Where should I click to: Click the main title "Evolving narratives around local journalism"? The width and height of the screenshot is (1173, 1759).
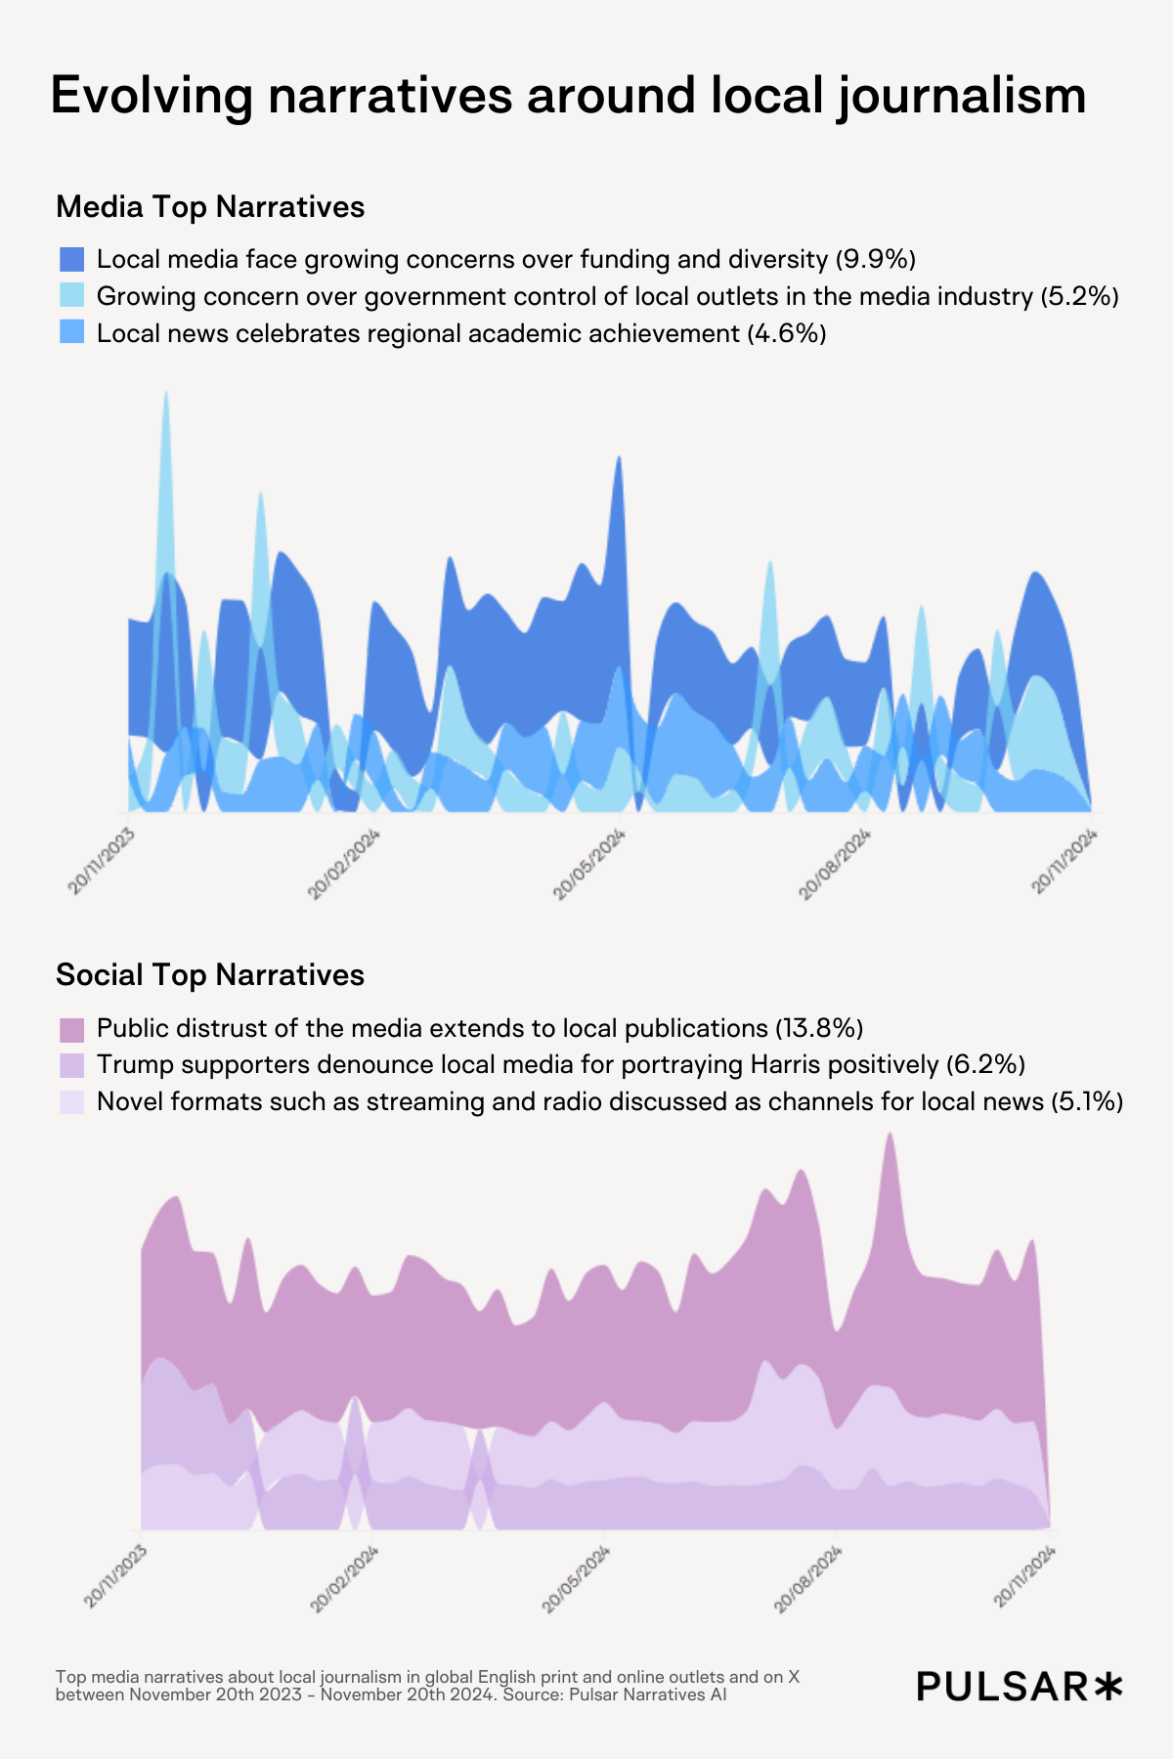coord(568,97)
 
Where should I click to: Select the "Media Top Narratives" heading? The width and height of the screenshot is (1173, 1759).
coord(210,207)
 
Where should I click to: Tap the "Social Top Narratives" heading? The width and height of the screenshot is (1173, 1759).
coord(210,975)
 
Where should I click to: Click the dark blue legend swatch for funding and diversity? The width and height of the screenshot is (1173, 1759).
coord(72,259)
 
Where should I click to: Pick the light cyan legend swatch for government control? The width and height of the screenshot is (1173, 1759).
coord(72,296)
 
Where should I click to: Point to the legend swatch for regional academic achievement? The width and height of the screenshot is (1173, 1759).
coord(72,333)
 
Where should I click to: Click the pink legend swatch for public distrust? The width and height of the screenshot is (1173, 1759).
coord(72,1029)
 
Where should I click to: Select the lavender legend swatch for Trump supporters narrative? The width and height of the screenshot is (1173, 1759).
coord(72,1065)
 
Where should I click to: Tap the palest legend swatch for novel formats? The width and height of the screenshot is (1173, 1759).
coord(72,1102)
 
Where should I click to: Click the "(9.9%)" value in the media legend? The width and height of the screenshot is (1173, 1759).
coord(875,259)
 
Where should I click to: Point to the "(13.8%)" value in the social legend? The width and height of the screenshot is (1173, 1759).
coord(818,1029)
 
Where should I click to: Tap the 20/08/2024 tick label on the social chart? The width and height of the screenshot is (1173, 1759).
coord(808,1579)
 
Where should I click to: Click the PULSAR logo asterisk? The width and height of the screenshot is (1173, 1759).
coord(1108,1686)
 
